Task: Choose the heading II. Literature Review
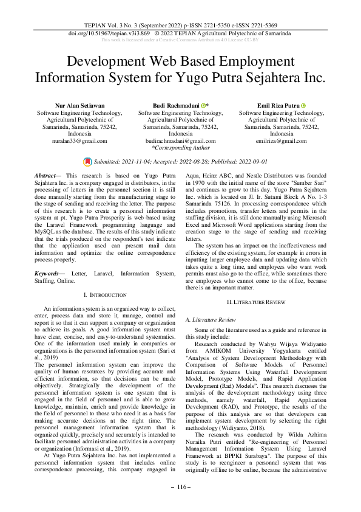click(260, 302)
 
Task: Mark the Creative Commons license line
click(180, 40)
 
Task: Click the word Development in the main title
click(113, 62)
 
